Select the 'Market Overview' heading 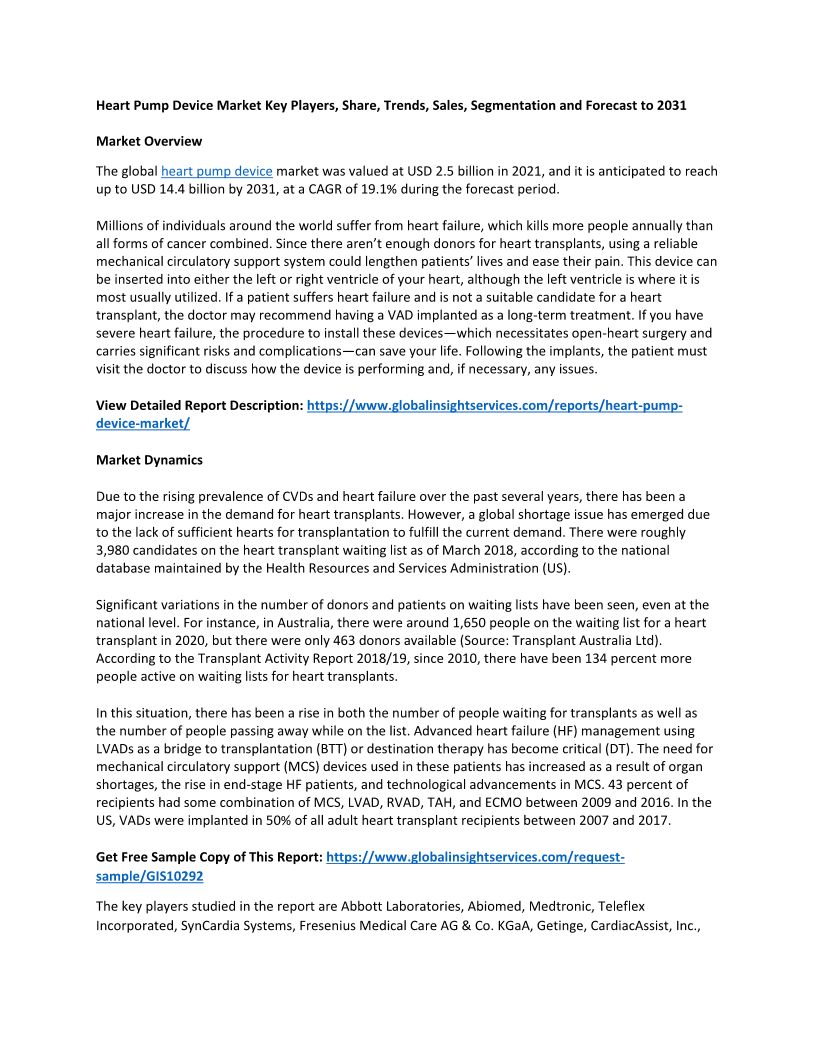click(149, 141)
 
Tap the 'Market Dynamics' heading click(149, 460)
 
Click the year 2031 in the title click(670, 105)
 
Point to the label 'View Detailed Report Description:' click(198, 406)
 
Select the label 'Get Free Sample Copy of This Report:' click(208, 858)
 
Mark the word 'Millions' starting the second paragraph click(121, 226)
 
